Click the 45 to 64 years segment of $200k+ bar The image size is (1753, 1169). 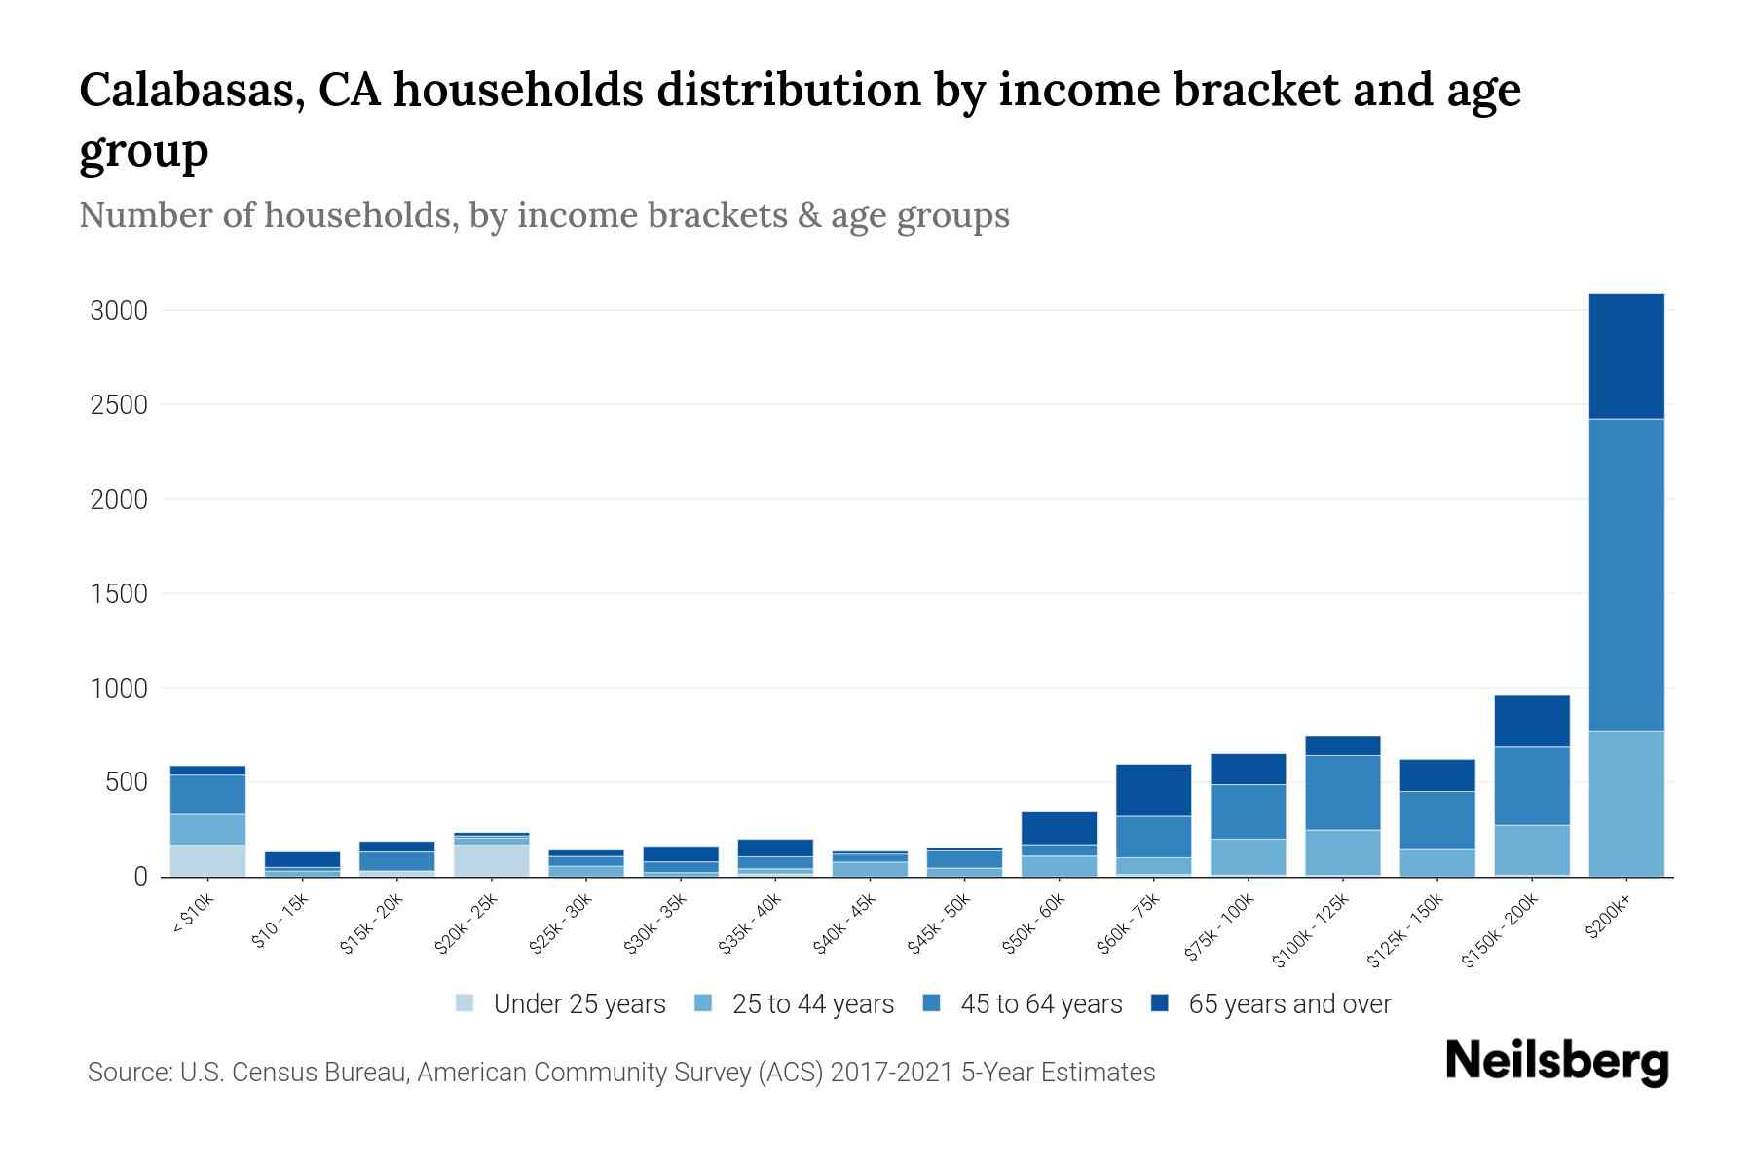click(1625, 575)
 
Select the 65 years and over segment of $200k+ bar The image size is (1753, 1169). click(1625, 356)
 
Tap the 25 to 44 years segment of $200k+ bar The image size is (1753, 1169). click(1625, 803)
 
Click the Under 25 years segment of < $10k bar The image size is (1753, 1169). click(207, 860)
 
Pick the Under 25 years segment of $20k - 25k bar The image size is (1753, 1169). click(492, 859)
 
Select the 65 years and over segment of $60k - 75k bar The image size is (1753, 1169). click(1153, 789)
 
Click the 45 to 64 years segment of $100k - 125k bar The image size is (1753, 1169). click(1342, 792)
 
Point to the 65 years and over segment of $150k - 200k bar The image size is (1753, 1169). click(1531, 720)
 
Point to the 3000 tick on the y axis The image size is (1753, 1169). click(119, 311)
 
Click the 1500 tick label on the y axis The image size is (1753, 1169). click(119, 593)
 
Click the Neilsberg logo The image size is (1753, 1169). click(1556, 1062)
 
